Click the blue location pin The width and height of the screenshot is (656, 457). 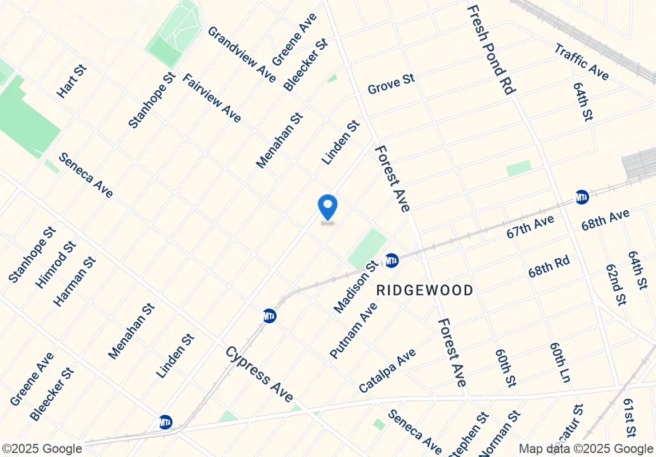(327, 207)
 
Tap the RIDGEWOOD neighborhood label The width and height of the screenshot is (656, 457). (425, 290)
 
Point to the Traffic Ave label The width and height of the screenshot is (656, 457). (582, 62)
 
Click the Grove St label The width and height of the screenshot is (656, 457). (391, 84)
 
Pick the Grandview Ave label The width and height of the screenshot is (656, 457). (242, 54)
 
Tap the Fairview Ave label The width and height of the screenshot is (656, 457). (211, 98)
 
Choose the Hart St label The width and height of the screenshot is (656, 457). (72, 81)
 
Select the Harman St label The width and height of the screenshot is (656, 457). (74, 281)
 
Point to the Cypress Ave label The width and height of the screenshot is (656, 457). (259, 374)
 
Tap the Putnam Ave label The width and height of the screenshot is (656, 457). (354, 331)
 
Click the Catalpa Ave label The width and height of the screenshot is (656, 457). (387, 371)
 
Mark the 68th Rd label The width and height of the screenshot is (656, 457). (549, 267)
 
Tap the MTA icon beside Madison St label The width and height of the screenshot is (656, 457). (391, 260)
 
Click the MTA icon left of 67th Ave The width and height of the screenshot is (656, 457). (582, 197)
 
